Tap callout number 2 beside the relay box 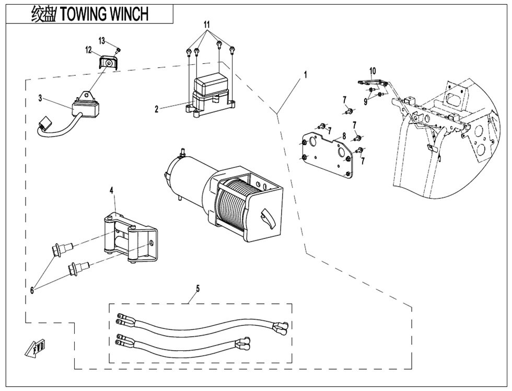point(157,109)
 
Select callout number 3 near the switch point(40,98)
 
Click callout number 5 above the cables point(197,287)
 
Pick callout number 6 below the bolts point(32,290)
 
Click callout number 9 point(366,102)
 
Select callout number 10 point(372,70)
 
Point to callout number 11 point(207,25)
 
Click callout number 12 point(89,51)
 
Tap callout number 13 point(102,40)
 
